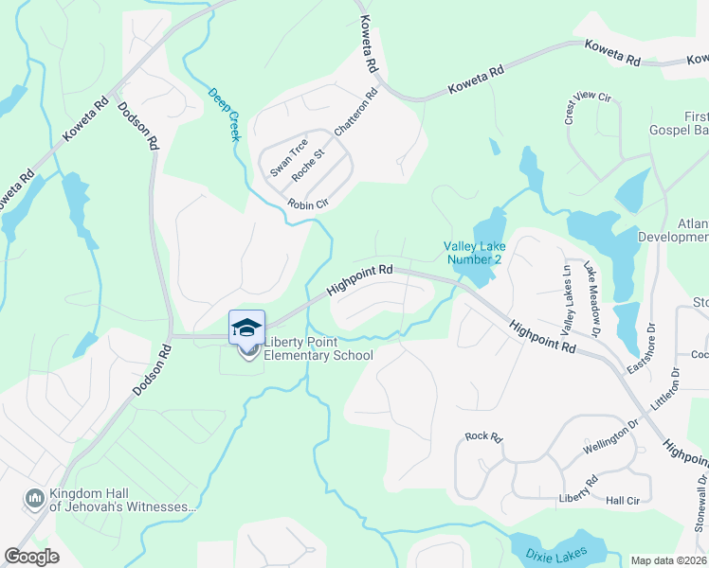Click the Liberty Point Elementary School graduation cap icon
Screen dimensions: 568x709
click(x=246, y=327)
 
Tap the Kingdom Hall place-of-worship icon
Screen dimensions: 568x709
click(x=35, y=497)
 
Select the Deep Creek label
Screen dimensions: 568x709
click(x=225, y=115)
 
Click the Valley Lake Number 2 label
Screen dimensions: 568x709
click(x=482, y=253)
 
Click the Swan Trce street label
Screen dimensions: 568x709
click(x=288, y=158)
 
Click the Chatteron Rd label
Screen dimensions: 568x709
click(x=356, y=111)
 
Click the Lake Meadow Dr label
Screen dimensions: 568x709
click(x=592, y=299)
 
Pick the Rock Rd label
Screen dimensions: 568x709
click(x=482, y=436)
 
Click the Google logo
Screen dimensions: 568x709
click(x=32, y=557)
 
